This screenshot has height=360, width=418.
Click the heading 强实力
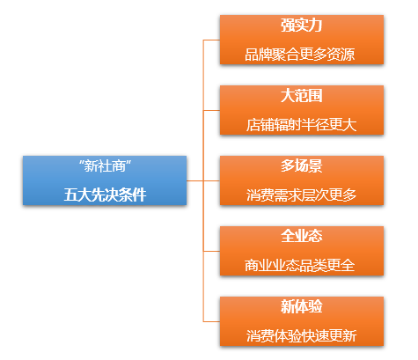click(302, 26)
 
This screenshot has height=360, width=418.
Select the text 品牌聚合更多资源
click(300, 55)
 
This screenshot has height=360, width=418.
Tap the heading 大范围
click(302, 96)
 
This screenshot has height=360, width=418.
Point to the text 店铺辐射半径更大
click(301, 125)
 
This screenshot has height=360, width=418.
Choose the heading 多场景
click(302, 166)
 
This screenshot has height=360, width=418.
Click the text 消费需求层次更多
click(301, 195)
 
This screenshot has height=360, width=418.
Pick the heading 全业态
click(302, 236)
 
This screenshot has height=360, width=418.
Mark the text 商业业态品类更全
click(300, 266)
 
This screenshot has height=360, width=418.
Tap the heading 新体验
click(302, 306)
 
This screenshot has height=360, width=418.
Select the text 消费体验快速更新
click(301, 336)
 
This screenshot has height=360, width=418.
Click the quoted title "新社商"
click(105, 166)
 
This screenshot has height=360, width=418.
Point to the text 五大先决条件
click(105, 195)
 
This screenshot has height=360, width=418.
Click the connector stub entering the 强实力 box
click(211, 40)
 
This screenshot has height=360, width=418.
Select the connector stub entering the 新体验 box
click(211, 321)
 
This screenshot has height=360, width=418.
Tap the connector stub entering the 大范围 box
click(211, 110)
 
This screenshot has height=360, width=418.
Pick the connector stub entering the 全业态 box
click(211, 251)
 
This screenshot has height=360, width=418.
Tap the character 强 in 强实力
click(288, 26)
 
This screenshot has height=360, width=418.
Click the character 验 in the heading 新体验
click(316, 306)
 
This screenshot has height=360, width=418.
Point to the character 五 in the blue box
click(70, 195)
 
